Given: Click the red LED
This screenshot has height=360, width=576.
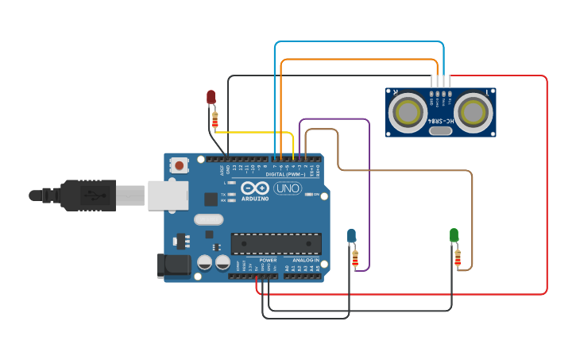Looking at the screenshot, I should tap(211, 97).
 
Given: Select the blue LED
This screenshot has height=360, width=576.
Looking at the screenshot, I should tap(351, 234).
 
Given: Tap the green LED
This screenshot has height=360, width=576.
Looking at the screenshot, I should tap(454, 234).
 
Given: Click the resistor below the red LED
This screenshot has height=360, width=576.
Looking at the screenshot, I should tap(215, 120).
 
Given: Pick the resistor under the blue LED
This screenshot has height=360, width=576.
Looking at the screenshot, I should tap(355, 257).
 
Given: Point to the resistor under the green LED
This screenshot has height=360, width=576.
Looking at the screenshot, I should tap(458, 257).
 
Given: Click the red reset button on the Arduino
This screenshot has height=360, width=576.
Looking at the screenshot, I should tap(180, 166).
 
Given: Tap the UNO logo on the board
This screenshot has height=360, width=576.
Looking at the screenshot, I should tap(287, 189).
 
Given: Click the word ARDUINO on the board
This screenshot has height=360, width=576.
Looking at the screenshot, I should tap(256, 199).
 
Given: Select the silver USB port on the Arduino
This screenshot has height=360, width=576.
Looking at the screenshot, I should tap(168, 195).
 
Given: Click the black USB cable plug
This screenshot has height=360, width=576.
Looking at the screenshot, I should tap(87, 195).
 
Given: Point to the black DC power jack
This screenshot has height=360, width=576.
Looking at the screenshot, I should tap(174, 265).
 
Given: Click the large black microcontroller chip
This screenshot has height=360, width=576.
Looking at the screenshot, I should tap(276, 245).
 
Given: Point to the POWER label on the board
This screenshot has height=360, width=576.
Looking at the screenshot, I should tap(268, 260).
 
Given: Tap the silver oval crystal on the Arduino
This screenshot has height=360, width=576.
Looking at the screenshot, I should tap(208, 219).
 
